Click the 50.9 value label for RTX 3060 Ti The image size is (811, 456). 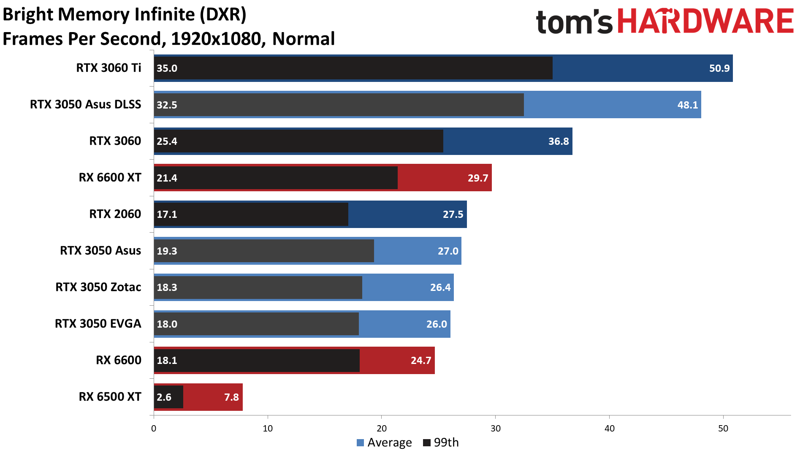(x=719, y=68)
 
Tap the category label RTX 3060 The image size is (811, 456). (x=115, y=141)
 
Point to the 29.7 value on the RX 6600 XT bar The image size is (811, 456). (x=477, y=178)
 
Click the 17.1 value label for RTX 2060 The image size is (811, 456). (x=167, y=214)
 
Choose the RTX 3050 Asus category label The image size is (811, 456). (x=100, y=251)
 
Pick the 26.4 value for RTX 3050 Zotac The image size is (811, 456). (x=440, y=288)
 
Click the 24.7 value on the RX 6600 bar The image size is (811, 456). (x=420, y=361)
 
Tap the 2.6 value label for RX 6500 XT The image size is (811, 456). (x=164, y=397)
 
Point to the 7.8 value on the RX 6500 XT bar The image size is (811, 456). (x=231, y=397)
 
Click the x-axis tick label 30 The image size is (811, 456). (x=495, y=429)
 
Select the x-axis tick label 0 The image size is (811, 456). (x=154, y=429)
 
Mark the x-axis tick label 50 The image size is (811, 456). (x=723, y=429)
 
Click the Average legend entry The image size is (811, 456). (x=384, y=442)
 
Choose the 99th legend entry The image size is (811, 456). (x=441, y=442)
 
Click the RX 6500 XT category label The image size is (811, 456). (x=110, y=397)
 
